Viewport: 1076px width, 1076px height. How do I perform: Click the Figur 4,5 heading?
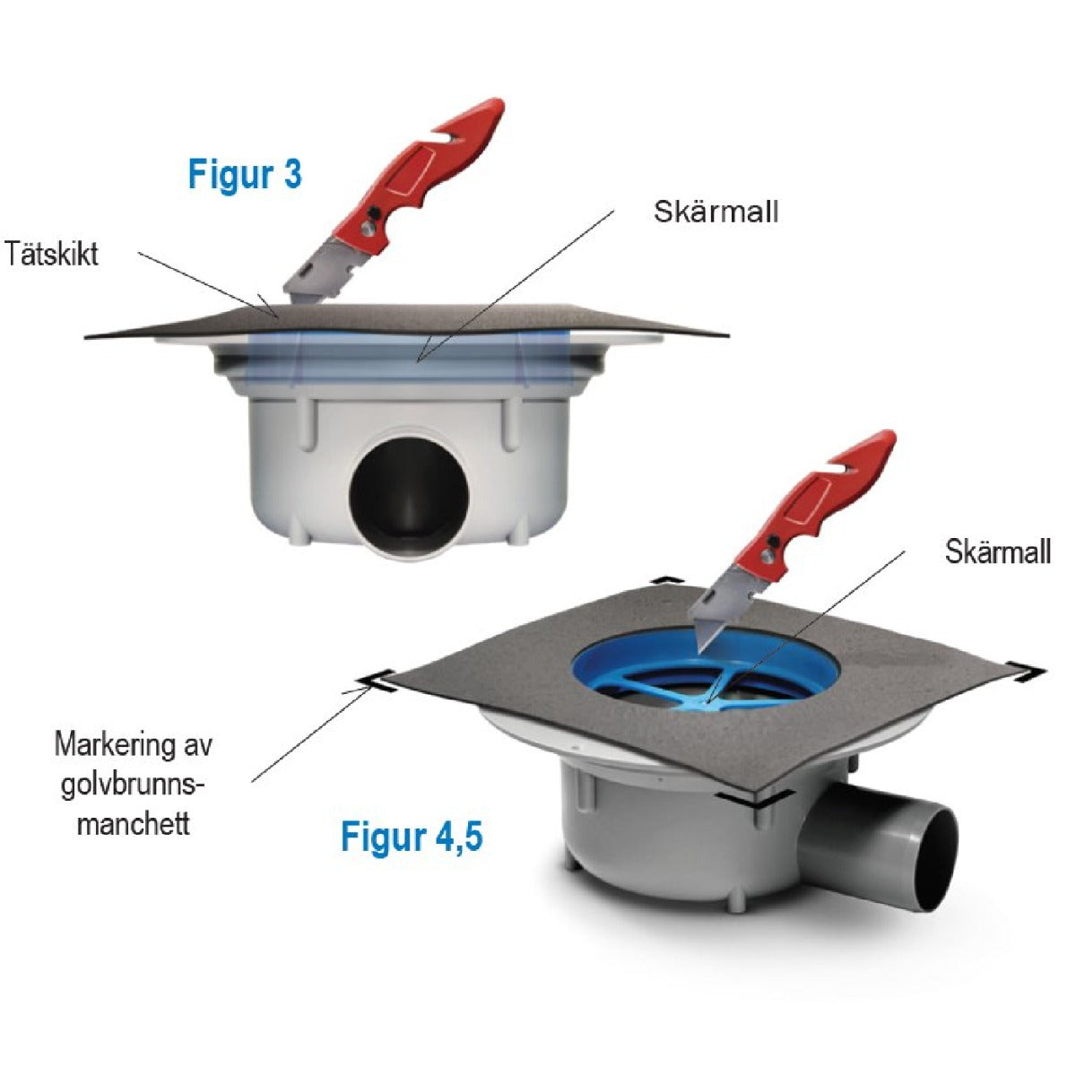(x=412, y=853)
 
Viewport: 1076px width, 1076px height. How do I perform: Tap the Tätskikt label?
(x=51, y=254)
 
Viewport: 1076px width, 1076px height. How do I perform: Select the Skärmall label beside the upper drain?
(x=716, y=212)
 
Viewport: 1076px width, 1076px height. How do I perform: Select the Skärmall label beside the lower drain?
(x=998, y=551)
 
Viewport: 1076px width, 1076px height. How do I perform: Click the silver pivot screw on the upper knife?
(x=367, y=229)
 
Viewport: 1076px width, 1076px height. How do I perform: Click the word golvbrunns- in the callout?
(x=133, y=786)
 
